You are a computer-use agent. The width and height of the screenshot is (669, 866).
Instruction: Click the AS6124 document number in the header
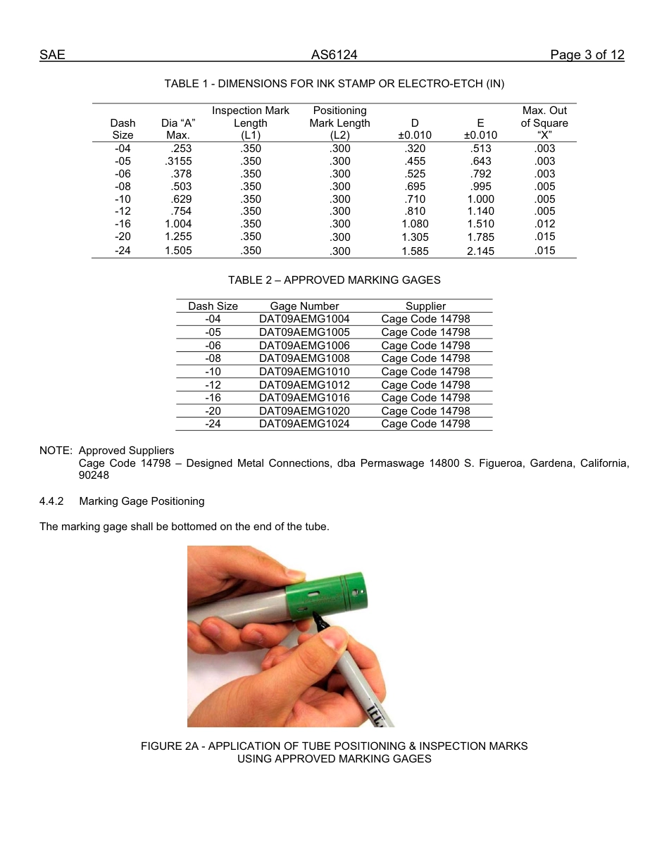point(334,55)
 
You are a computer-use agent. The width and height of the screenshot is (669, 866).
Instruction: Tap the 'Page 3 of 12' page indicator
point(587,55)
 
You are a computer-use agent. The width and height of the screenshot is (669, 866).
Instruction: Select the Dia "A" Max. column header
point(178,129)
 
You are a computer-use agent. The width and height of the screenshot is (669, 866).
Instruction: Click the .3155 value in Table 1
point(178,161)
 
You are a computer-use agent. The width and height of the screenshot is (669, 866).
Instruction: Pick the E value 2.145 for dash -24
point(480,251)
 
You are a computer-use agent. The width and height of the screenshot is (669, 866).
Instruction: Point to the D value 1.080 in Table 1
point(415,224)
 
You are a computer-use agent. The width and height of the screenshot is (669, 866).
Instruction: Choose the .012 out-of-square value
point(544,224)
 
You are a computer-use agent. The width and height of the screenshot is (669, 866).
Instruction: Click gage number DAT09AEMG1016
point(304,398)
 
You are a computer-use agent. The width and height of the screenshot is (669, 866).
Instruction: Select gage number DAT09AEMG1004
point(304,319)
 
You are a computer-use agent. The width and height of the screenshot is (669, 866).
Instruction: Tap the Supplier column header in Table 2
point(425,306)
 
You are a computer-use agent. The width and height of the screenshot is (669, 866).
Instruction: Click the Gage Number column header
point(304,306)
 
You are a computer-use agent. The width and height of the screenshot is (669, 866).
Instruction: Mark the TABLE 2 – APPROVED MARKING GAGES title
point(334,280)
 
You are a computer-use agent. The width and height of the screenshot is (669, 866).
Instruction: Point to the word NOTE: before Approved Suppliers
point(56,451)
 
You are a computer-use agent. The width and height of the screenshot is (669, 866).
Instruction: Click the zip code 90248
point(94,475)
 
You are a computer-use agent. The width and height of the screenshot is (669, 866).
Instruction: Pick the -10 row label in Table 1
point(123,199)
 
